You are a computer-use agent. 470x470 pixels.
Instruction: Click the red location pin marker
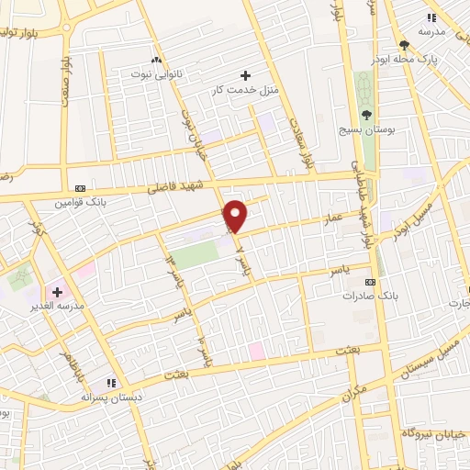236,215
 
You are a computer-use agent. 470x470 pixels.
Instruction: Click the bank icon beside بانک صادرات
370,282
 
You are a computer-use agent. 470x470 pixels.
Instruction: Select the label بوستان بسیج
366,130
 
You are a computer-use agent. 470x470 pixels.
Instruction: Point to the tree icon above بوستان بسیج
366,115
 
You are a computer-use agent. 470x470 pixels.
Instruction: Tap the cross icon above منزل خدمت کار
244,74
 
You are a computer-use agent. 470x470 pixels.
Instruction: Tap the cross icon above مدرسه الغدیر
58,291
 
